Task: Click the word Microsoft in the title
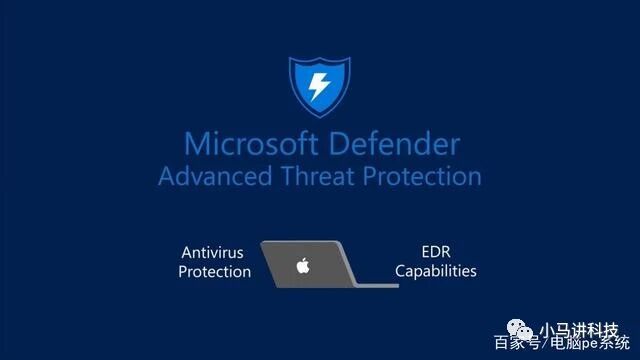(x=251, y=144)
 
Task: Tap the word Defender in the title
(x=394, y=144)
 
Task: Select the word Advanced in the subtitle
(x=215, y=176)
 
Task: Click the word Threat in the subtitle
(x=317, y=176)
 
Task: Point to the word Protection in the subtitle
(x=422, y=176)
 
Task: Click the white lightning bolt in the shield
(x=319, y=87)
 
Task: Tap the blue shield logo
(x=320, y=87)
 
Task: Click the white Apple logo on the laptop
(x=303, y=265)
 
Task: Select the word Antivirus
(x=212, y=253)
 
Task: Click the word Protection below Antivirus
(x=215, y=272)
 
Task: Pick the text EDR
(x=436, y=252)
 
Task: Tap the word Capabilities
(x=436, y=271)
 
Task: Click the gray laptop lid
(x=308, y=264)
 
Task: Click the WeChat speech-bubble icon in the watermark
(x=520, y=329)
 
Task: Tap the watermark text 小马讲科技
(x=579, y=330)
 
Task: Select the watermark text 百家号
(x=517, y=343)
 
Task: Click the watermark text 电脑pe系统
(x=590, y=343)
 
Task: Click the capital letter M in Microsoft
(x=197, y=144)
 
